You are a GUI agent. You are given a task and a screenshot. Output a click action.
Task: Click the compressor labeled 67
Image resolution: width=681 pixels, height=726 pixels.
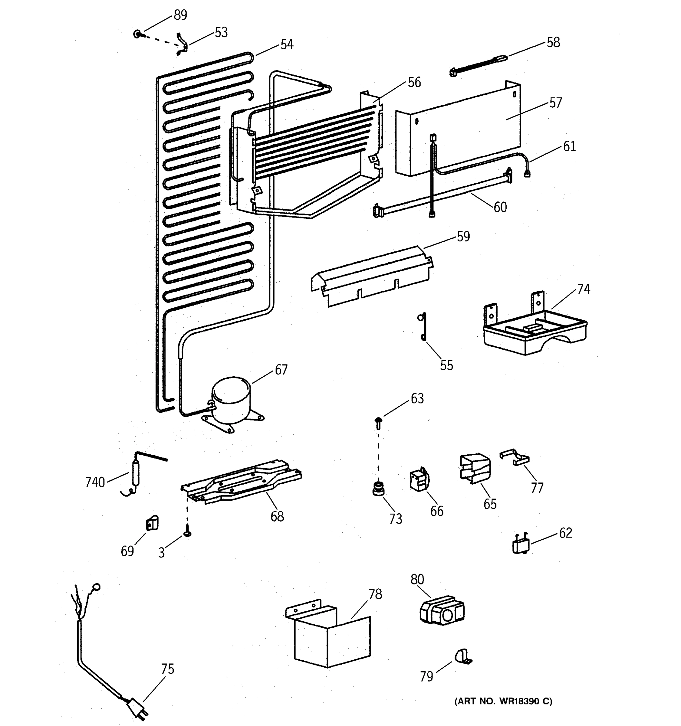pyautogui.click(x=231, y=401)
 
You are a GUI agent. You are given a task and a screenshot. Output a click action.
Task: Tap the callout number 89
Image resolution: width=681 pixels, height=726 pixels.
pyautogui.click(x=180, y=15)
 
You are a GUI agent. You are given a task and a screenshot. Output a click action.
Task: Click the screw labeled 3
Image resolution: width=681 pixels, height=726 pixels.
pyautogui.click(x=188, y=534)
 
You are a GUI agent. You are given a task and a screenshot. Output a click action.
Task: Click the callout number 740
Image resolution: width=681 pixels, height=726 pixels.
pyautogui.click(x=95, y=482)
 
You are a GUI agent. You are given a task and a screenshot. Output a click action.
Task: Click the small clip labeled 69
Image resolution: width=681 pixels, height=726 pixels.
pyautogui.click(x=152, y=524)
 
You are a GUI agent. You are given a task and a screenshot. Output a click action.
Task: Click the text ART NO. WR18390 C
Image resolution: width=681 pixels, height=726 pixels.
pyautogui.click(x=503, y=701)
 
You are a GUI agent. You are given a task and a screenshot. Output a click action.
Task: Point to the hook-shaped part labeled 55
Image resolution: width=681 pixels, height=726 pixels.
pyautogui.click(x=423, y=326)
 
